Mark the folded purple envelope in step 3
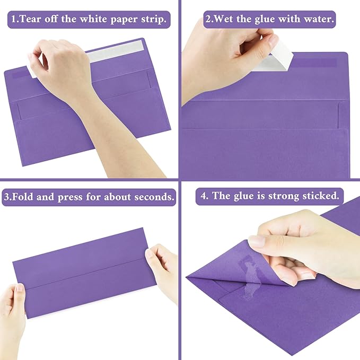(85, 273)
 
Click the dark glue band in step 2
(315, 63)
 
